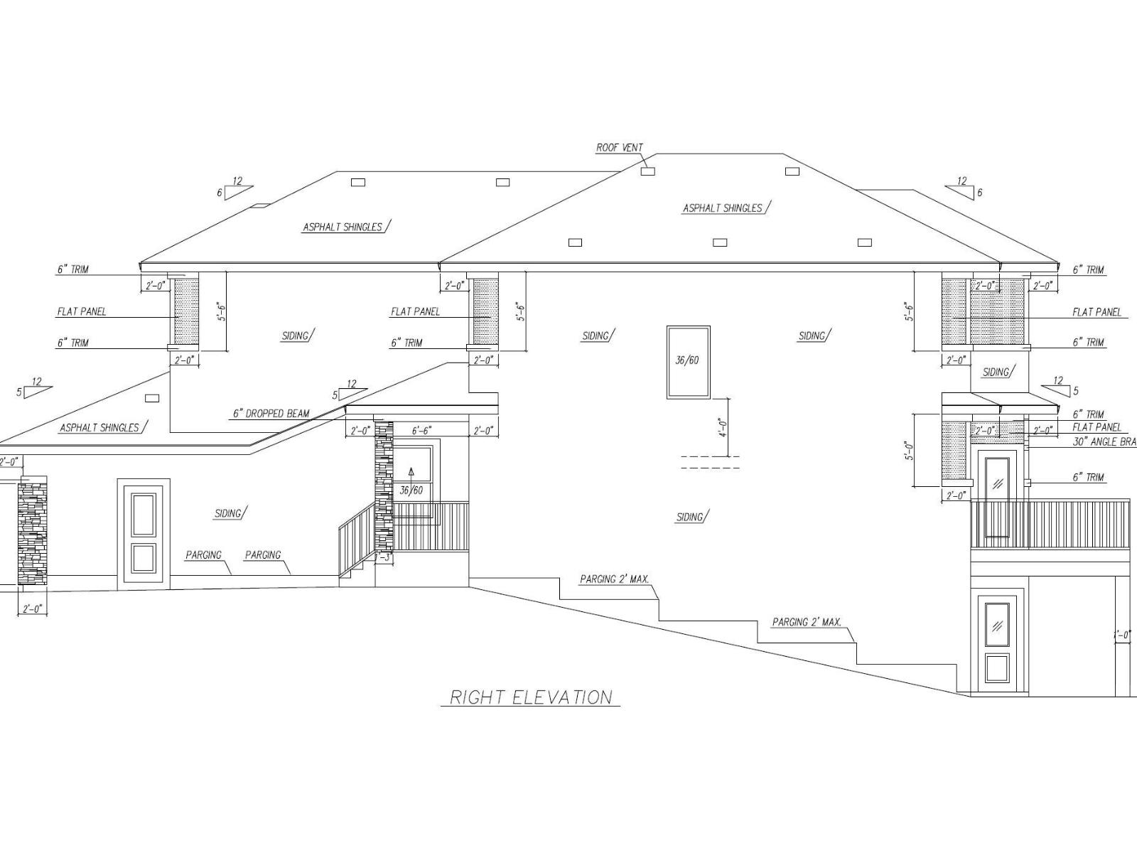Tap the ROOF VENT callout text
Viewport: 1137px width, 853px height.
pyautogui.click(x=619, y=148)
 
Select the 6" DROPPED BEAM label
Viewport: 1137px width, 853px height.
pyautogui.click(x=271, y=413)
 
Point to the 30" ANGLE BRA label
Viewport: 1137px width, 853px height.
pyautogui.click(x=1104, y=441)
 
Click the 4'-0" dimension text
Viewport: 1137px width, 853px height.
pyautogui.click(x=723, y=426)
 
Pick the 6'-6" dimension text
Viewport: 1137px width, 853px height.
pyautogui.click(x=421, y=431)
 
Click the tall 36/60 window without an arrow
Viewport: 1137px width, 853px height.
pyautogui.click(x=688, y=361)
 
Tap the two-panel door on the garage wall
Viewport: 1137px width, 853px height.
pyautogui.click(x=144, y=533)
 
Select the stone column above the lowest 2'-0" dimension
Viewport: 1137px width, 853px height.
pyautogui.click(x=32, y=533)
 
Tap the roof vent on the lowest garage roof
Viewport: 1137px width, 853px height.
pyautogui.click(x=152, y=398)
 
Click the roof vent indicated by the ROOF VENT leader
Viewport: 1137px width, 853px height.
pyautogui.click(x=647, y=171)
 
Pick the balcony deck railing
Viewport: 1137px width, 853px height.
pyautogui.click(x=1050, y=524)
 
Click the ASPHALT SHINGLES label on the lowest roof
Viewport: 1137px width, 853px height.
pyautogui.click(x=99, y=428)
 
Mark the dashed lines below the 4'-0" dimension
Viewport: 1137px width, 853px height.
pyautogui.click(x=711, y=462)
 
